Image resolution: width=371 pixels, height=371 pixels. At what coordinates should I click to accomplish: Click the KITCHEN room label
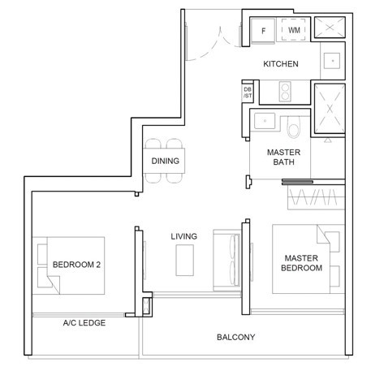[281, 64]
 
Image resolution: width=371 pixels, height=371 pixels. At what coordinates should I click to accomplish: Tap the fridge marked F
[264, 32]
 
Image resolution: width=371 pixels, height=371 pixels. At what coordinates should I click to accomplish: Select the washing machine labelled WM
[293, 32]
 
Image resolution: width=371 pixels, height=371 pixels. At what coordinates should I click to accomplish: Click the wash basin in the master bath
[263, 123]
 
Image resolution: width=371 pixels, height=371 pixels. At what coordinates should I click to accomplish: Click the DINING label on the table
[165, 161]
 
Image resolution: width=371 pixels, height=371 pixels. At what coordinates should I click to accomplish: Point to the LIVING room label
[183, 236]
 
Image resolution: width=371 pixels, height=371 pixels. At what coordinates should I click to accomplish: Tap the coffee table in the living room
[185, 260]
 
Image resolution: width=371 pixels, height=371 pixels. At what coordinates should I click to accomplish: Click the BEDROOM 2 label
[75, 265]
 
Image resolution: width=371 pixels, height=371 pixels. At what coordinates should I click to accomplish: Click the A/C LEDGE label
[84, 322]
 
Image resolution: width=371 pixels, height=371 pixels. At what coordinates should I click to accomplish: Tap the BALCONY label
[235, 337]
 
